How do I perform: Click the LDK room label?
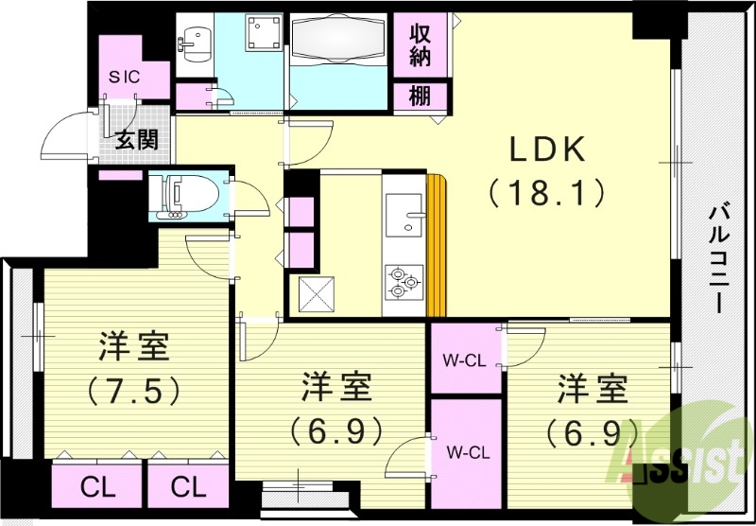[x=549, y=149]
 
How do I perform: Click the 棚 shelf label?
[x=420, y=95]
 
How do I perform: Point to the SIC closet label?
[x=124, y=78]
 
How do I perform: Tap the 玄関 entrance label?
[x=137, y=142]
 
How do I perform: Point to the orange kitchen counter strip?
[x=436, y=246]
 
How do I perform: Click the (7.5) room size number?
[x=134, y=389]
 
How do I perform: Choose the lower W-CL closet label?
[x=465, y=450]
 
